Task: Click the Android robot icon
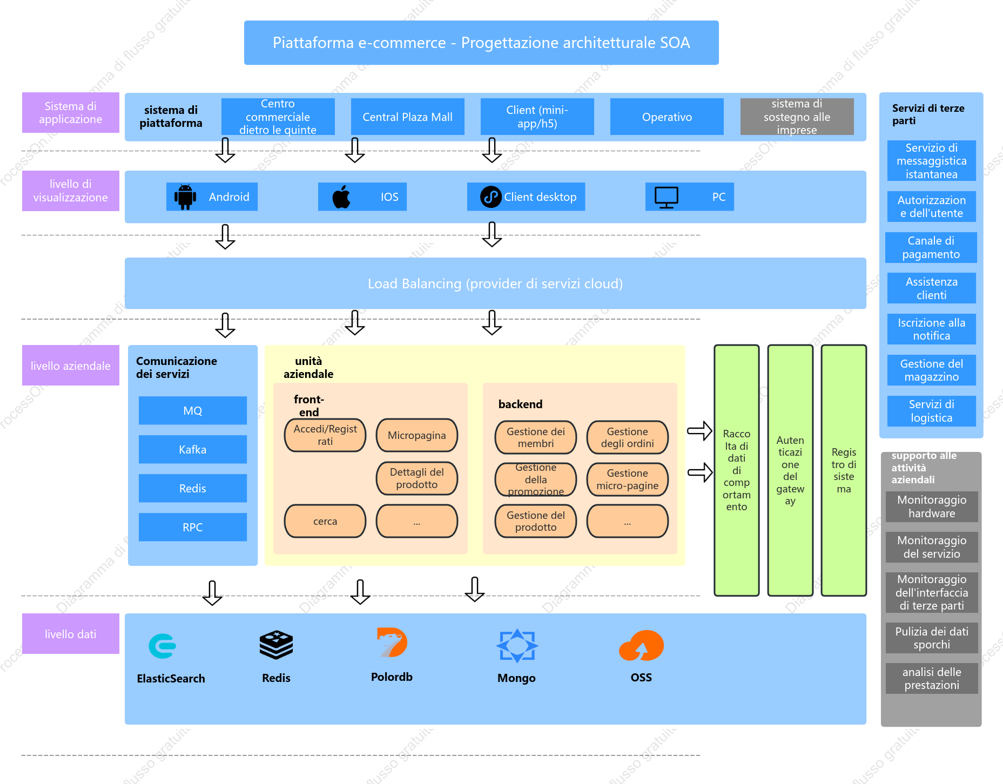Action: [x=185, y=197]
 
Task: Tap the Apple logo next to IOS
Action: [x=341, y=197]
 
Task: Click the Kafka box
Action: [x=193, y=449]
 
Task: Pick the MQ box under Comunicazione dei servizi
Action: [x=193, y=410]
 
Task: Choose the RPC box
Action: [x=193, y=527]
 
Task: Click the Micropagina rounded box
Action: [x=417, y=435]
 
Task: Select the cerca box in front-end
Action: [x=325, y=521]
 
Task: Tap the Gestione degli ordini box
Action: [x=628, y=437]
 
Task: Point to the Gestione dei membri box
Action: [x=536, y=437]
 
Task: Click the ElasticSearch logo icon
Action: [x=163, y=646]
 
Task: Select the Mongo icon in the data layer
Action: [x=517, y=645]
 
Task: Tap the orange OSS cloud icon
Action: [x=641, y=646]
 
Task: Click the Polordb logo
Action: [x=392, y=643]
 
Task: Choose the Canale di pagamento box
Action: [x=931, y=247]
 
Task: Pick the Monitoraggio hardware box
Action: [x=932, y=506]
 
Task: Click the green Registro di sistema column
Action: [x=844, y=470]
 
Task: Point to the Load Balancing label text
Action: [x=495, y=283]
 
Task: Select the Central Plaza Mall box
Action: [x=408, y=117]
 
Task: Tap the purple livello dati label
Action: [x=71, y=634]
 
